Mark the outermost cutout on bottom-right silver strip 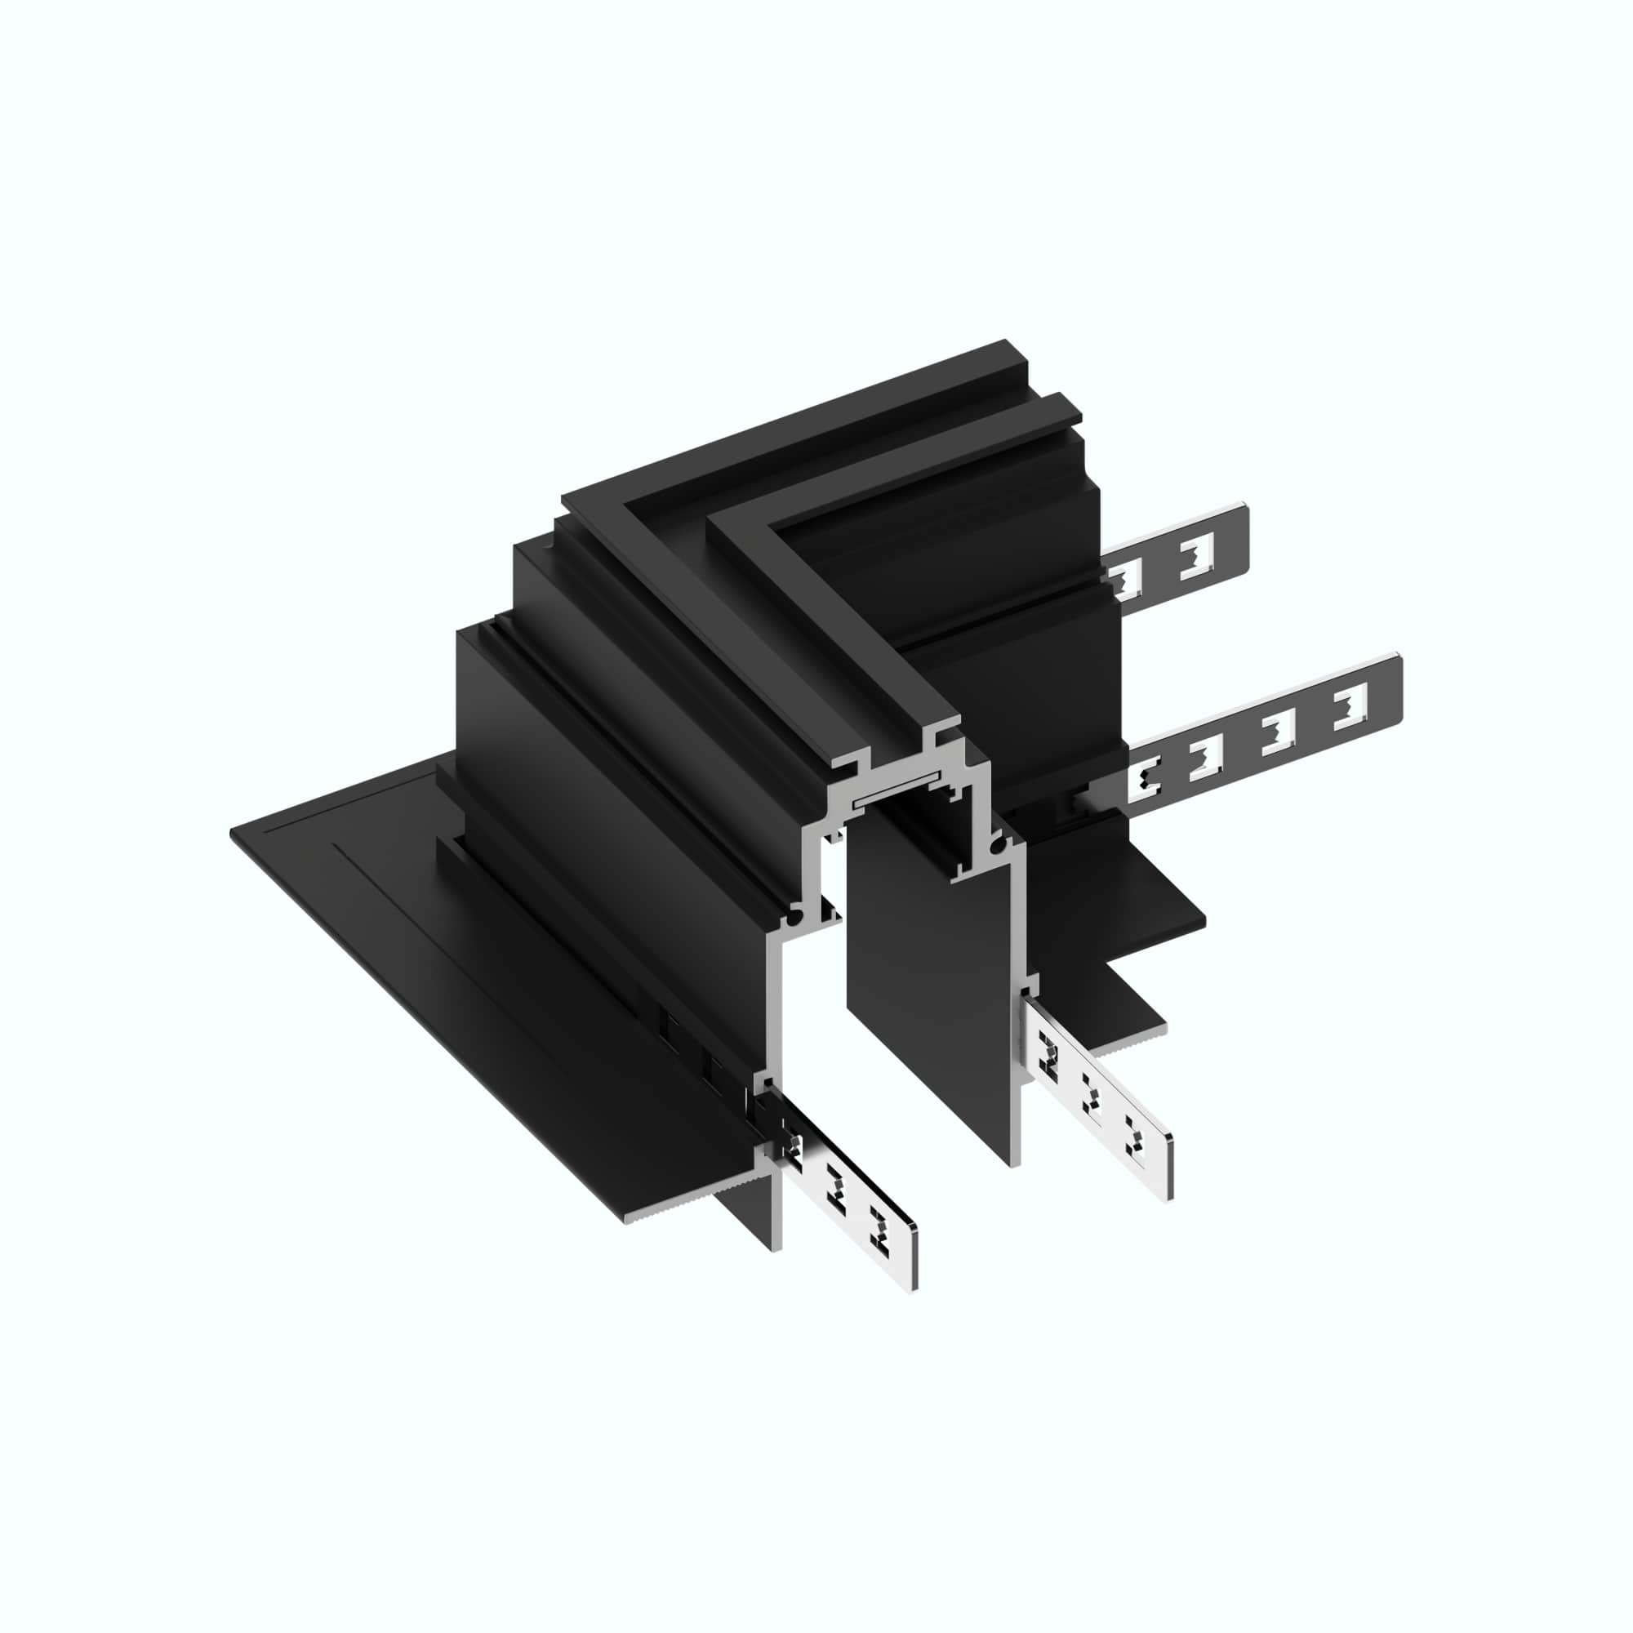pyautogui.click(x=1136, y=1132)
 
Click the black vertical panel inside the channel pyautogui.click(x=930, y=972)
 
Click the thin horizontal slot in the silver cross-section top pyautogui.click(x=896, y=795)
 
